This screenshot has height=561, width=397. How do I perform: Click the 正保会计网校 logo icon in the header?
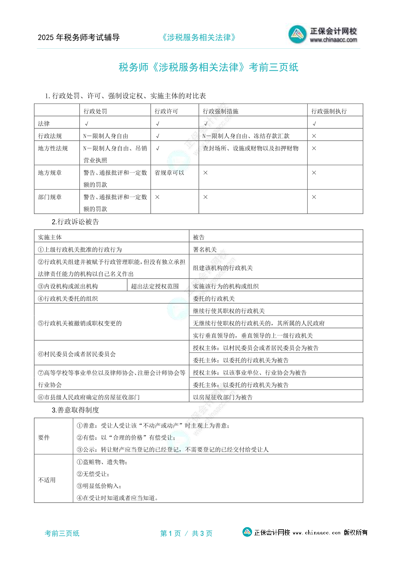coord(297,34)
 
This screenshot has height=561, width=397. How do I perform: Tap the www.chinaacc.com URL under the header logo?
coord(333,40)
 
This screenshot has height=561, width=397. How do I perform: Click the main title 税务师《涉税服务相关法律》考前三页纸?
coord(208,67)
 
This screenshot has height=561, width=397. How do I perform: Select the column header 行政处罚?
coord(95,111)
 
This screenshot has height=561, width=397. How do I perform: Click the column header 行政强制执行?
coord(329,111)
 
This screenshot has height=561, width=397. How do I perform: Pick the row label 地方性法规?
coord(53,148)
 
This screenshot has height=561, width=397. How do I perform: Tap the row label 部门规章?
coord(50,197)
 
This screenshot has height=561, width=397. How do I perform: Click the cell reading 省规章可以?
coord(169,173)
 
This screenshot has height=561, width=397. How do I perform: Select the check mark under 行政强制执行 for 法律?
coord(314,124)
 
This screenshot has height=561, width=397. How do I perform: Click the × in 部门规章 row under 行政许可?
coord(157,197)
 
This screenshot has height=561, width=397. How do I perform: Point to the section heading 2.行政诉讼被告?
coord(75,222)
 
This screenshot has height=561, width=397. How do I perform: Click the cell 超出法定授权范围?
coord(155,286)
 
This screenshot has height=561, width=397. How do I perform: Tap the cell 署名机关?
coord(205,250)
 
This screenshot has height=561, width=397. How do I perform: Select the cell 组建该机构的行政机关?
coord(223,268)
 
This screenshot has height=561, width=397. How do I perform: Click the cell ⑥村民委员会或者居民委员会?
coord(77,354)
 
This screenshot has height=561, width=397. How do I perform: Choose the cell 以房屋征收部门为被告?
coord(223,397)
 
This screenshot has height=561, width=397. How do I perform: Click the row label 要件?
coord(44,438)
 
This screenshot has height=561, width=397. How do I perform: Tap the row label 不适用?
coord(47,480)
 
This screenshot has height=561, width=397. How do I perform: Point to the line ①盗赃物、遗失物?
coord(102,462)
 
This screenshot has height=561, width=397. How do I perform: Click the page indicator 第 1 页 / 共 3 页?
coord(186,533)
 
